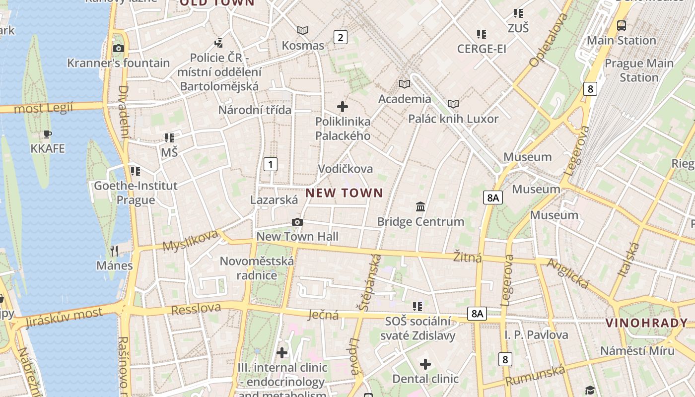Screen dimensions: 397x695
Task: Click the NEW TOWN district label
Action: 344,193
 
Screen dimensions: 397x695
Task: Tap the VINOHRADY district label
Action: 646,324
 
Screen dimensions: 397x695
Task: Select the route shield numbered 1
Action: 271,164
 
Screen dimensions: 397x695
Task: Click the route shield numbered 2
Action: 340,37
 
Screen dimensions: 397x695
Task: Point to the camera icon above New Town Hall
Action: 297,222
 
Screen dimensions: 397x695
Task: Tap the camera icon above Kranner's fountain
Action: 118,48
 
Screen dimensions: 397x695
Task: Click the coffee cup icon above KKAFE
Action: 48,134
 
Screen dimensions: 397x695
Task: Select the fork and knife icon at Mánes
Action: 114,251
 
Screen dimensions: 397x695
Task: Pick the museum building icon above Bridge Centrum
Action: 420,206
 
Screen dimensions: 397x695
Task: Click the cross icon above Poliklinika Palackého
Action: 343,106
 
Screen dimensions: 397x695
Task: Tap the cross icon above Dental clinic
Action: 425,364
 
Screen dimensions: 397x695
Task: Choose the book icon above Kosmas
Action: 302,31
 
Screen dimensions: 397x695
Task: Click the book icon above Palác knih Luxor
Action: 453,104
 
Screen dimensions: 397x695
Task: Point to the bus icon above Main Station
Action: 621,25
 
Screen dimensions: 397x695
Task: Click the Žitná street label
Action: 468,257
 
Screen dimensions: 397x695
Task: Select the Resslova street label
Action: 196,309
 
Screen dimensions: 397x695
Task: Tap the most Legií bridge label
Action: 43,108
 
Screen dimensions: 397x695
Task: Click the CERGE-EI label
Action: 482,49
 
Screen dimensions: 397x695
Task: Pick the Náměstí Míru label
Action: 637,351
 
